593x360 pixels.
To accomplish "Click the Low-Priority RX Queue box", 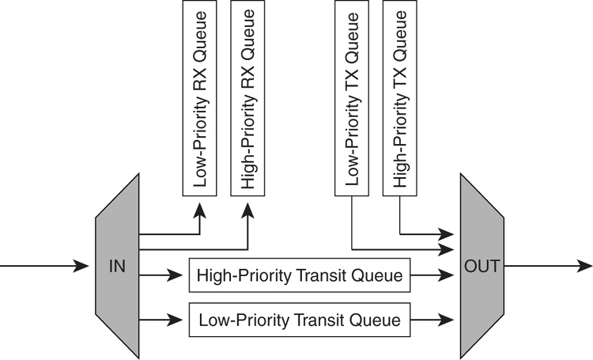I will coord(200,102).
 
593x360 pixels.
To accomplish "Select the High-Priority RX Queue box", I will coord(247,102).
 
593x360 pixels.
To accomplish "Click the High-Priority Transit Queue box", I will coord(300,276).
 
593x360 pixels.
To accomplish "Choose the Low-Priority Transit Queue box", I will coord(300,320).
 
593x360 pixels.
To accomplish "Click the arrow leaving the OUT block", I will coord(553,267).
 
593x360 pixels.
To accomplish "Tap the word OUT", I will coord(482,267).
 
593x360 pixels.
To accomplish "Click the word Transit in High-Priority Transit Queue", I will coord(321,276).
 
